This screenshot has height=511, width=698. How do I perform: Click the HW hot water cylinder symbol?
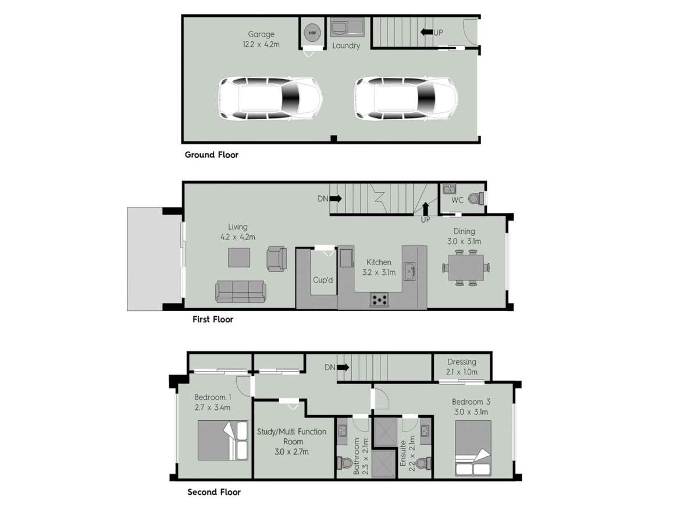click(x=312, y=33)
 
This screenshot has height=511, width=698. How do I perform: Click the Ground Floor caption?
click(x=211, y=155)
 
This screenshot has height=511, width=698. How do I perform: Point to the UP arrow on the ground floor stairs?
click(x=427, y=32)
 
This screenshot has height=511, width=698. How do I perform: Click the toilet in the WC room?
click(x=475, y=199)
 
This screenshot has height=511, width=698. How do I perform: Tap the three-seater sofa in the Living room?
click(x=240, y=291)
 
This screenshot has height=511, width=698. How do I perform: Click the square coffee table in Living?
click(x=239, y=258)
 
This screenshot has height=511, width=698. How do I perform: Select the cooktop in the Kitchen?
click(x=380, y=300)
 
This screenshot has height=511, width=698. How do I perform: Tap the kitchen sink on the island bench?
click(x=409, y=270)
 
